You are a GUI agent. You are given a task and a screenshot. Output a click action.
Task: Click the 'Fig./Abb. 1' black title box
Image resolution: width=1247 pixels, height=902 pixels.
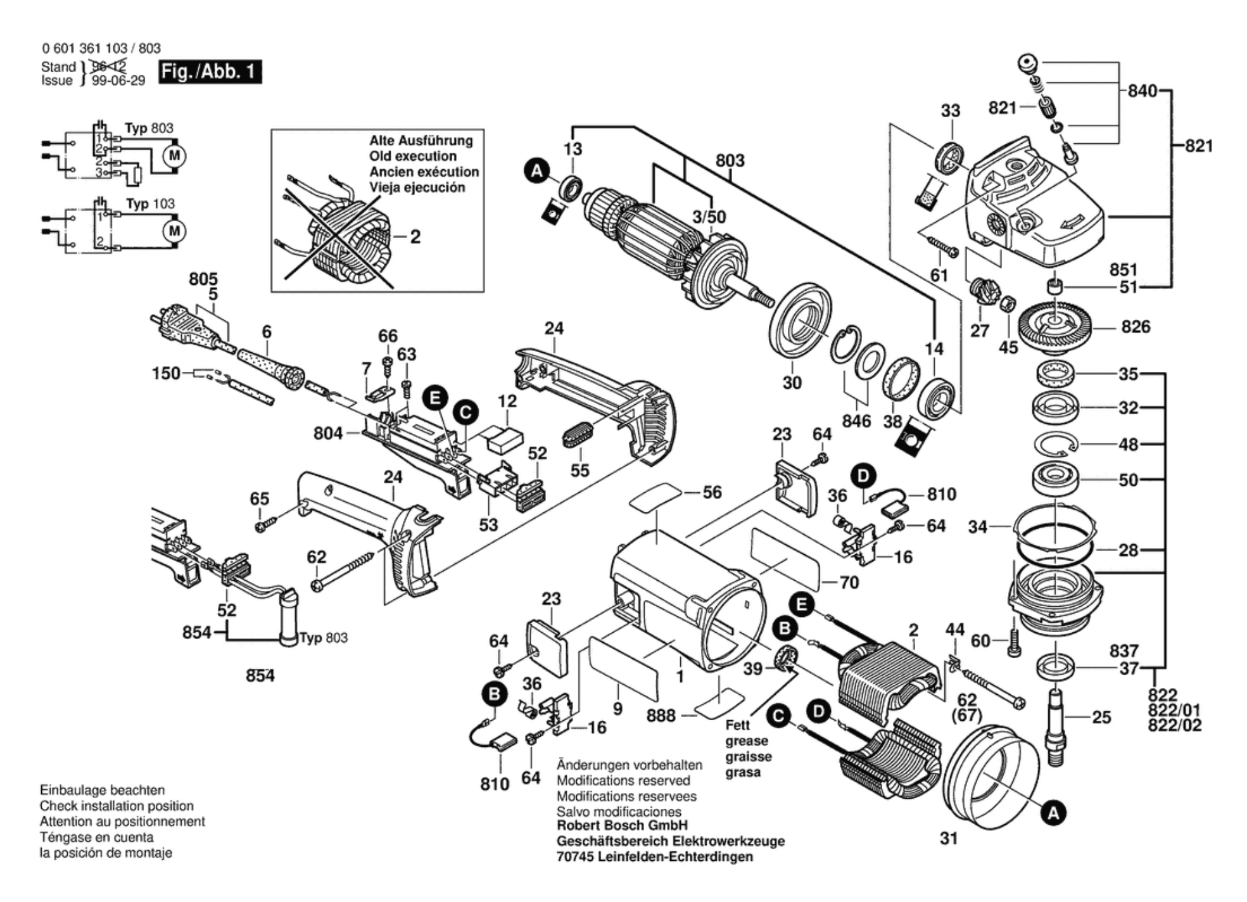point(209,72)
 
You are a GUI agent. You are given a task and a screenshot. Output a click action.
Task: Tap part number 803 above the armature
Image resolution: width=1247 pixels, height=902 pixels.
point(730,161)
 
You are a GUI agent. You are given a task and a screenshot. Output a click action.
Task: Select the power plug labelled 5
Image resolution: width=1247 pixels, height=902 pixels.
point(184,329)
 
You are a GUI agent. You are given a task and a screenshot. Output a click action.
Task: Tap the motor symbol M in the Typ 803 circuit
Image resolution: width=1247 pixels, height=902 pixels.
point(174,155)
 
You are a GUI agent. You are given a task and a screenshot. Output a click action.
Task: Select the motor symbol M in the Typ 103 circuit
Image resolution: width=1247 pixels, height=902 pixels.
point(174,231)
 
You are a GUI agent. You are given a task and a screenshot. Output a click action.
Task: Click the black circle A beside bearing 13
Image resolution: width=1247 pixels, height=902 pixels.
point(536,171)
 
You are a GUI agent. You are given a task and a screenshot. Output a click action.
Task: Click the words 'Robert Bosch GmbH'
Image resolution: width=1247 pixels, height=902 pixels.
point(622,825)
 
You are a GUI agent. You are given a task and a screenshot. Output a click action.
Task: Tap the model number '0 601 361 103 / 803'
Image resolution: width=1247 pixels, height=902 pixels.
point(101,48)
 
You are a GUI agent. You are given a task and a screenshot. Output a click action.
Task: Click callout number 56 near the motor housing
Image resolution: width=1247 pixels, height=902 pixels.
point(712,492)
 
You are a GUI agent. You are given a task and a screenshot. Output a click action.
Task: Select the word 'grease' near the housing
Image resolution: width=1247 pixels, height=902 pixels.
point(747,741)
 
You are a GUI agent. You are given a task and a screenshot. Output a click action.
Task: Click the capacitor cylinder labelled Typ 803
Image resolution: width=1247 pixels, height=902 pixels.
point(288,618)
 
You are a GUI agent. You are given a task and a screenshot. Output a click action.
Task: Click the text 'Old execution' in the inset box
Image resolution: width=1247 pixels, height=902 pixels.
point(413,156)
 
